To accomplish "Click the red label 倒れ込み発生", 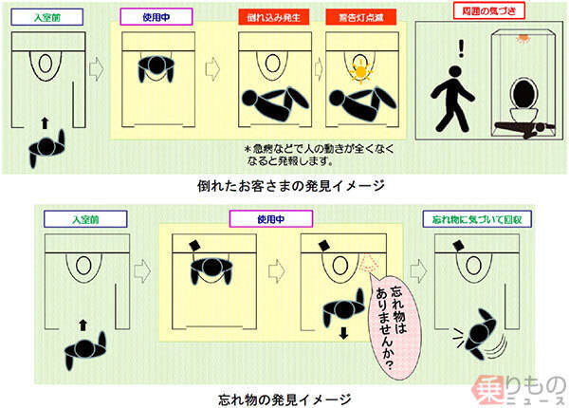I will pyautogui.click(x=272, y=17).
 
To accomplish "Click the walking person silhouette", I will pyautogui.click(x=449, y=100).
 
